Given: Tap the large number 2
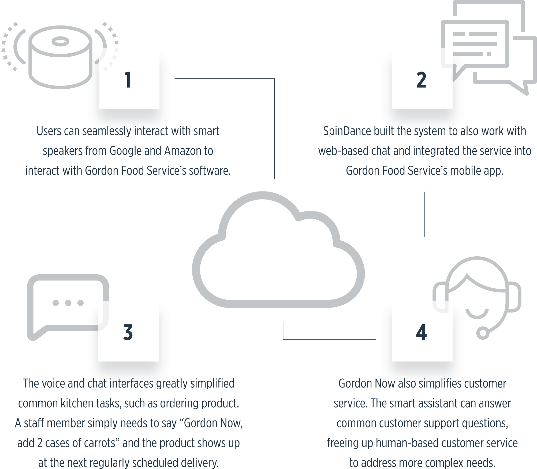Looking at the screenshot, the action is (422, 80).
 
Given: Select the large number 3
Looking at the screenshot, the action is (128, 332).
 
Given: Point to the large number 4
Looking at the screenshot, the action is (421, 332).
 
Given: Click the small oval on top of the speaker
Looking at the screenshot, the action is (61, 41).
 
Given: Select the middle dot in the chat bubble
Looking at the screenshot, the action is (68, 303).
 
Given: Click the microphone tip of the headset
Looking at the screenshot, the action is (483, 333).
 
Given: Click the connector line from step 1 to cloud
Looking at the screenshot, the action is (274, 79).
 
